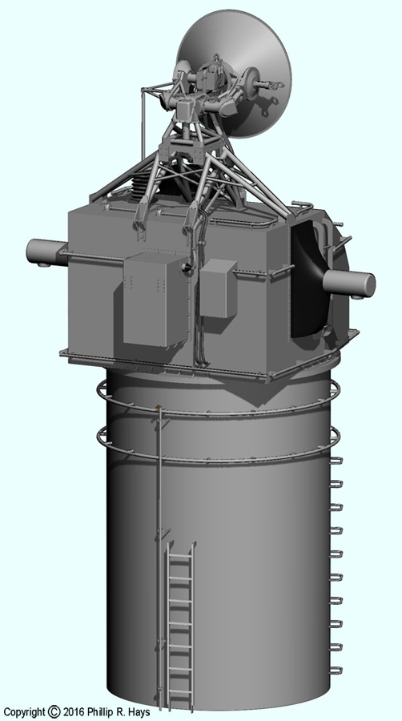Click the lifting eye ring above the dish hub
[x=216, y=57]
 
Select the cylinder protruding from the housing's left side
[x=46, y=252]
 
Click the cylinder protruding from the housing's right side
[x=349, y=283]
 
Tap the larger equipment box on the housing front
[x=155, y=299]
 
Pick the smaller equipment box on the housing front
[x=219, y=288]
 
